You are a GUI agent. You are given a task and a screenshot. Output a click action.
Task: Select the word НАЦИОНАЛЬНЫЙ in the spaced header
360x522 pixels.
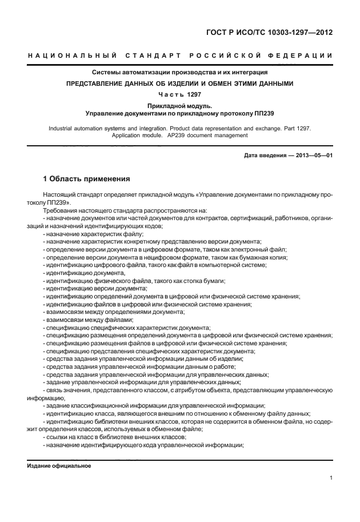pyautogui.click(x=73, y=55)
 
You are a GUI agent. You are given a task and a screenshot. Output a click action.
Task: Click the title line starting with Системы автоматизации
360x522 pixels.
pyautogui.click(x=180, y=73)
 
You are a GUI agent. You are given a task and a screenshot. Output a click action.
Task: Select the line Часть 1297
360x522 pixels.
pyautogui.click(x=180, y=94)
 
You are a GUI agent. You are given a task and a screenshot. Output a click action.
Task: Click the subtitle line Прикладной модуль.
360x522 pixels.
pyautogui.click(x=180, y=106)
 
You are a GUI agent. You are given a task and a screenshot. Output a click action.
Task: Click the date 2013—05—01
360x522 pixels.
pyautogui.click(x=314, y=156)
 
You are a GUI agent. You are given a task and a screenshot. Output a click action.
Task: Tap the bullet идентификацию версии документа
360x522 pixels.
pyautogui.click(x=96, y=289)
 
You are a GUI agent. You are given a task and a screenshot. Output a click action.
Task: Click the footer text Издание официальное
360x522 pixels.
pyautogui.click(x=59, y=465)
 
